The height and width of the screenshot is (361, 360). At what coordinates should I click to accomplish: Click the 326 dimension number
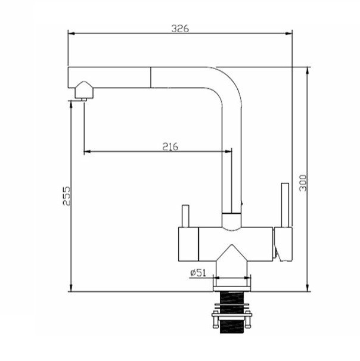pyautogui.click(x=180, y=29)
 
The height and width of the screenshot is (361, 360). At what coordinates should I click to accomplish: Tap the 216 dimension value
pyautogui.click(x=170, y=147)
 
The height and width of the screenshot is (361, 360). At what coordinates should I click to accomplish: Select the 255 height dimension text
pyautogui.click(x=67, y=196)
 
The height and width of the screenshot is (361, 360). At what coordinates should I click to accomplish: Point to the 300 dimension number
pyautogui.click(x=303, y=183)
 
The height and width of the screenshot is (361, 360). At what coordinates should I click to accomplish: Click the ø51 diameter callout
pyautogui.click(x=198, y=273)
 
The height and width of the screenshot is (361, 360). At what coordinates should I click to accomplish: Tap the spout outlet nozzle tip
pyautogui.click(x=84, y=99)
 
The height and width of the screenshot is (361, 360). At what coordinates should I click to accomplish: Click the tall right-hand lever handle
pyautogui.click(x=285, y=205)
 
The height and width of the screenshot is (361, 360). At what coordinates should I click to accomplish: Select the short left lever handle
pyautogui.click(x=185, y=216)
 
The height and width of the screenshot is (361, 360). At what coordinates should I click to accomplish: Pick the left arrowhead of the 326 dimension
pyautogui.click(x=72, y=33)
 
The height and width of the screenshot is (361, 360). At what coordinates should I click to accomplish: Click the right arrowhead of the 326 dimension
pyautogui.click(x=288, y=33)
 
